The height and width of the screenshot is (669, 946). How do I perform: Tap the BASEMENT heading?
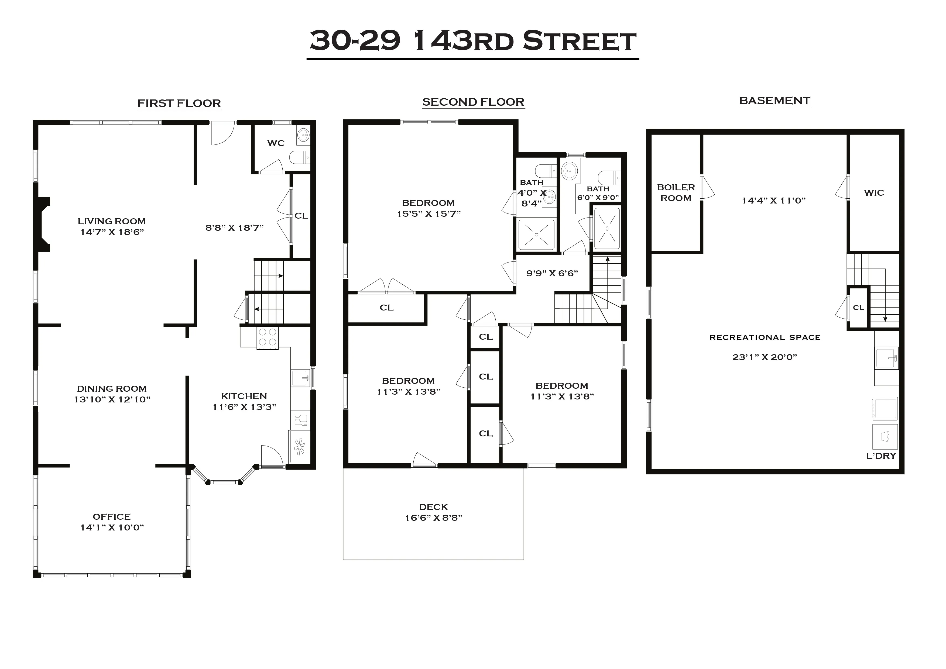(x=774, y=101)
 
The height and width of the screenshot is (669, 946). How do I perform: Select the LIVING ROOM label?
(x=112, y=221)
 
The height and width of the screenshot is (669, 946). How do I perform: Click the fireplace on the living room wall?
(x=43, y=225)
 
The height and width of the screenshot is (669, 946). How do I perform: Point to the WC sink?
(x=304, y=134)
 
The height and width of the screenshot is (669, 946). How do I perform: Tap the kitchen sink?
(x=300, y=378)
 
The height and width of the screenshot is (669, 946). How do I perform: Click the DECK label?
(x=433, y=507)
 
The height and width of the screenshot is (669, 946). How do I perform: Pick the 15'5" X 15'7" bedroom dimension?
(x=429, y=213)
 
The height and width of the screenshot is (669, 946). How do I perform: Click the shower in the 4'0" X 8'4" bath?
(x=536, y=235)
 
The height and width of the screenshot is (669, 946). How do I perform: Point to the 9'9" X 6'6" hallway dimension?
(x=552, y=273)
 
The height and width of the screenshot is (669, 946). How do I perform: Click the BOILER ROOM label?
(x=676, y=192)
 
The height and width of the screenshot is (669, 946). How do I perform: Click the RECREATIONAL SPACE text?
(x=765, y=337)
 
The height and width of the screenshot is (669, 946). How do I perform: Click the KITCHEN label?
(x=244, y=396)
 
